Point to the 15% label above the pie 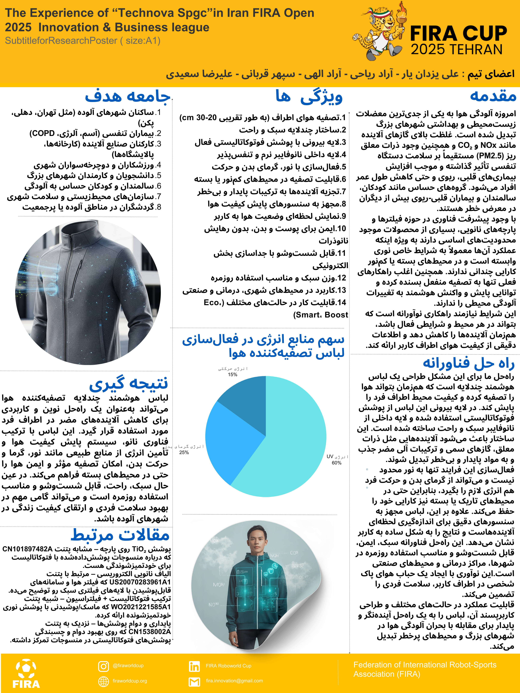(233, 374)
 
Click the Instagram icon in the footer (103, 666)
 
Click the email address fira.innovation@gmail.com (234, 681)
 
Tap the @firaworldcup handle (128, 665)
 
